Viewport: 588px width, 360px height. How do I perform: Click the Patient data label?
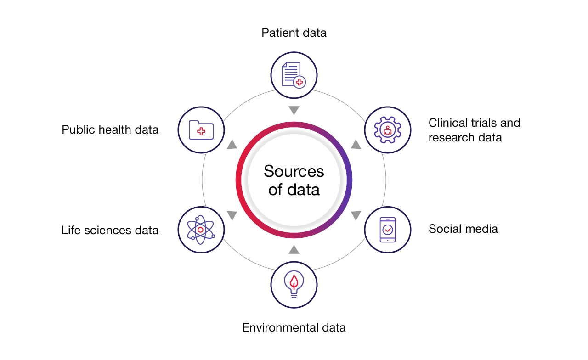tap(294, 33)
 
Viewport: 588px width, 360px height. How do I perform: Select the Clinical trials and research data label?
tap(474, 130)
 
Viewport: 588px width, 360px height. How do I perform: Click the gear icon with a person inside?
tap(387, 129)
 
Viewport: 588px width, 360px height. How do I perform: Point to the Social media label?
tap(463, 229)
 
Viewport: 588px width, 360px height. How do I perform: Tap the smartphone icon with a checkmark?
tap(387, 230)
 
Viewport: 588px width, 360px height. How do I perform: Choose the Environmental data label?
tap(294, 327)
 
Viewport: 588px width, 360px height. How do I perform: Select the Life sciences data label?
tap(110, 230)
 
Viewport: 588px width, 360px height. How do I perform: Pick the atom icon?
tap(201, 230)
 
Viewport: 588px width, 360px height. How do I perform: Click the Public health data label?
tap(110, 129)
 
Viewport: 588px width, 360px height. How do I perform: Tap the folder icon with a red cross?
tap(201, 129)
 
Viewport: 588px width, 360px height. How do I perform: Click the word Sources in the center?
tap(294, 171)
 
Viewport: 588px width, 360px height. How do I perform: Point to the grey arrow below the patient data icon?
tap(294, 110)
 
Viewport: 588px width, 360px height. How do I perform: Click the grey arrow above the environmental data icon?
tap(294, 249)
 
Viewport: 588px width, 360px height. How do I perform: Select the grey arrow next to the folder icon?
tap(232, 145)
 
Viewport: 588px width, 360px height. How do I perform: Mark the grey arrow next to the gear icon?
tap(356, 145)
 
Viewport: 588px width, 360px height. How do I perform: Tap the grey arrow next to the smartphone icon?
tap(356, 215)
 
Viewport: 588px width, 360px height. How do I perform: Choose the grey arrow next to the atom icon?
tap(232, 215)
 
